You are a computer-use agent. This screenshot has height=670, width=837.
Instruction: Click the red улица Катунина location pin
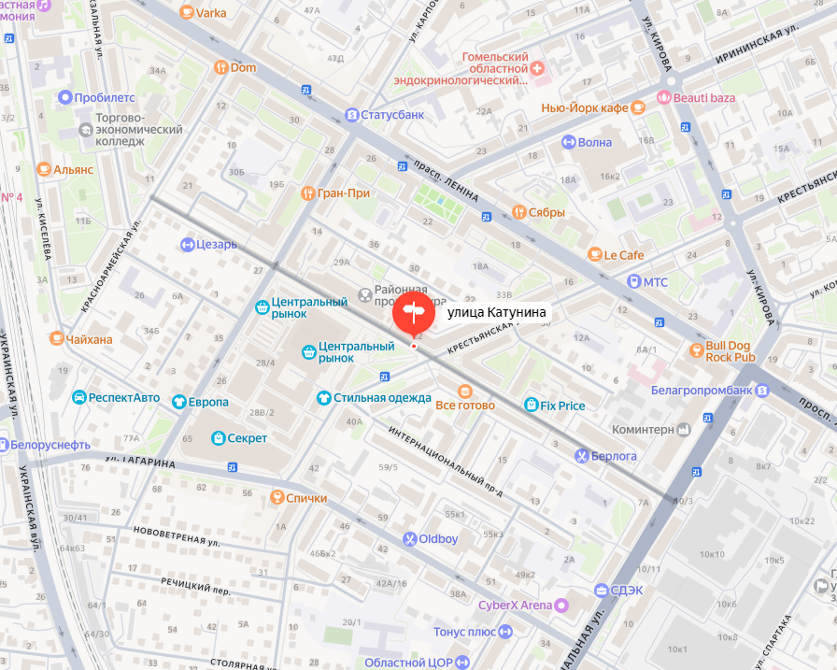point(413,314)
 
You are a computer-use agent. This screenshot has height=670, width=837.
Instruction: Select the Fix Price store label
point(562,406)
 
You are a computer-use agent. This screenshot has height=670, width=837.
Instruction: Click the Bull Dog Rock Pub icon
point(696,350)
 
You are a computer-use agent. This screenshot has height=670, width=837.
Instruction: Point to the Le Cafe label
point(624,254)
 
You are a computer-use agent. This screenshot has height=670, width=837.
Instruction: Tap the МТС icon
point(634,281)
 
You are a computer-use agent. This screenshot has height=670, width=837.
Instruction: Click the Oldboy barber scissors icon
point(409,539)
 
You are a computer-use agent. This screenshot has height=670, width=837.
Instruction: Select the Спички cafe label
point(306,498)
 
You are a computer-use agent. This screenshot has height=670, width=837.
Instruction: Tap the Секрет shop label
point(247,438)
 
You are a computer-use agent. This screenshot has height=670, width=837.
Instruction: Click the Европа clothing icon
point(178,402)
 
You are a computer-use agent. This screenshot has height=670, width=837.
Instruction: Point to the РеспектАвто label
point(124,397)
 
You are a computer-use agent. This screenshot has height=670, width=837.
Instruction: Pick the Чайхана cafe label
point(91,338)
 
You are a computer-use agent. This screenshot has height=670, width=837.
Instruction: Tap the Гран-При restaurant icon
point(307,193)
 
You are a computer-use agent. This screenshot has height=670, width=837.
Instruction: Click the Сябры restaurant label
point(546,212)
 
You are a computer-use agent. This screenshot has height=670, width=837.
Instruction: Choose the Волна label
point(595,142)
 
